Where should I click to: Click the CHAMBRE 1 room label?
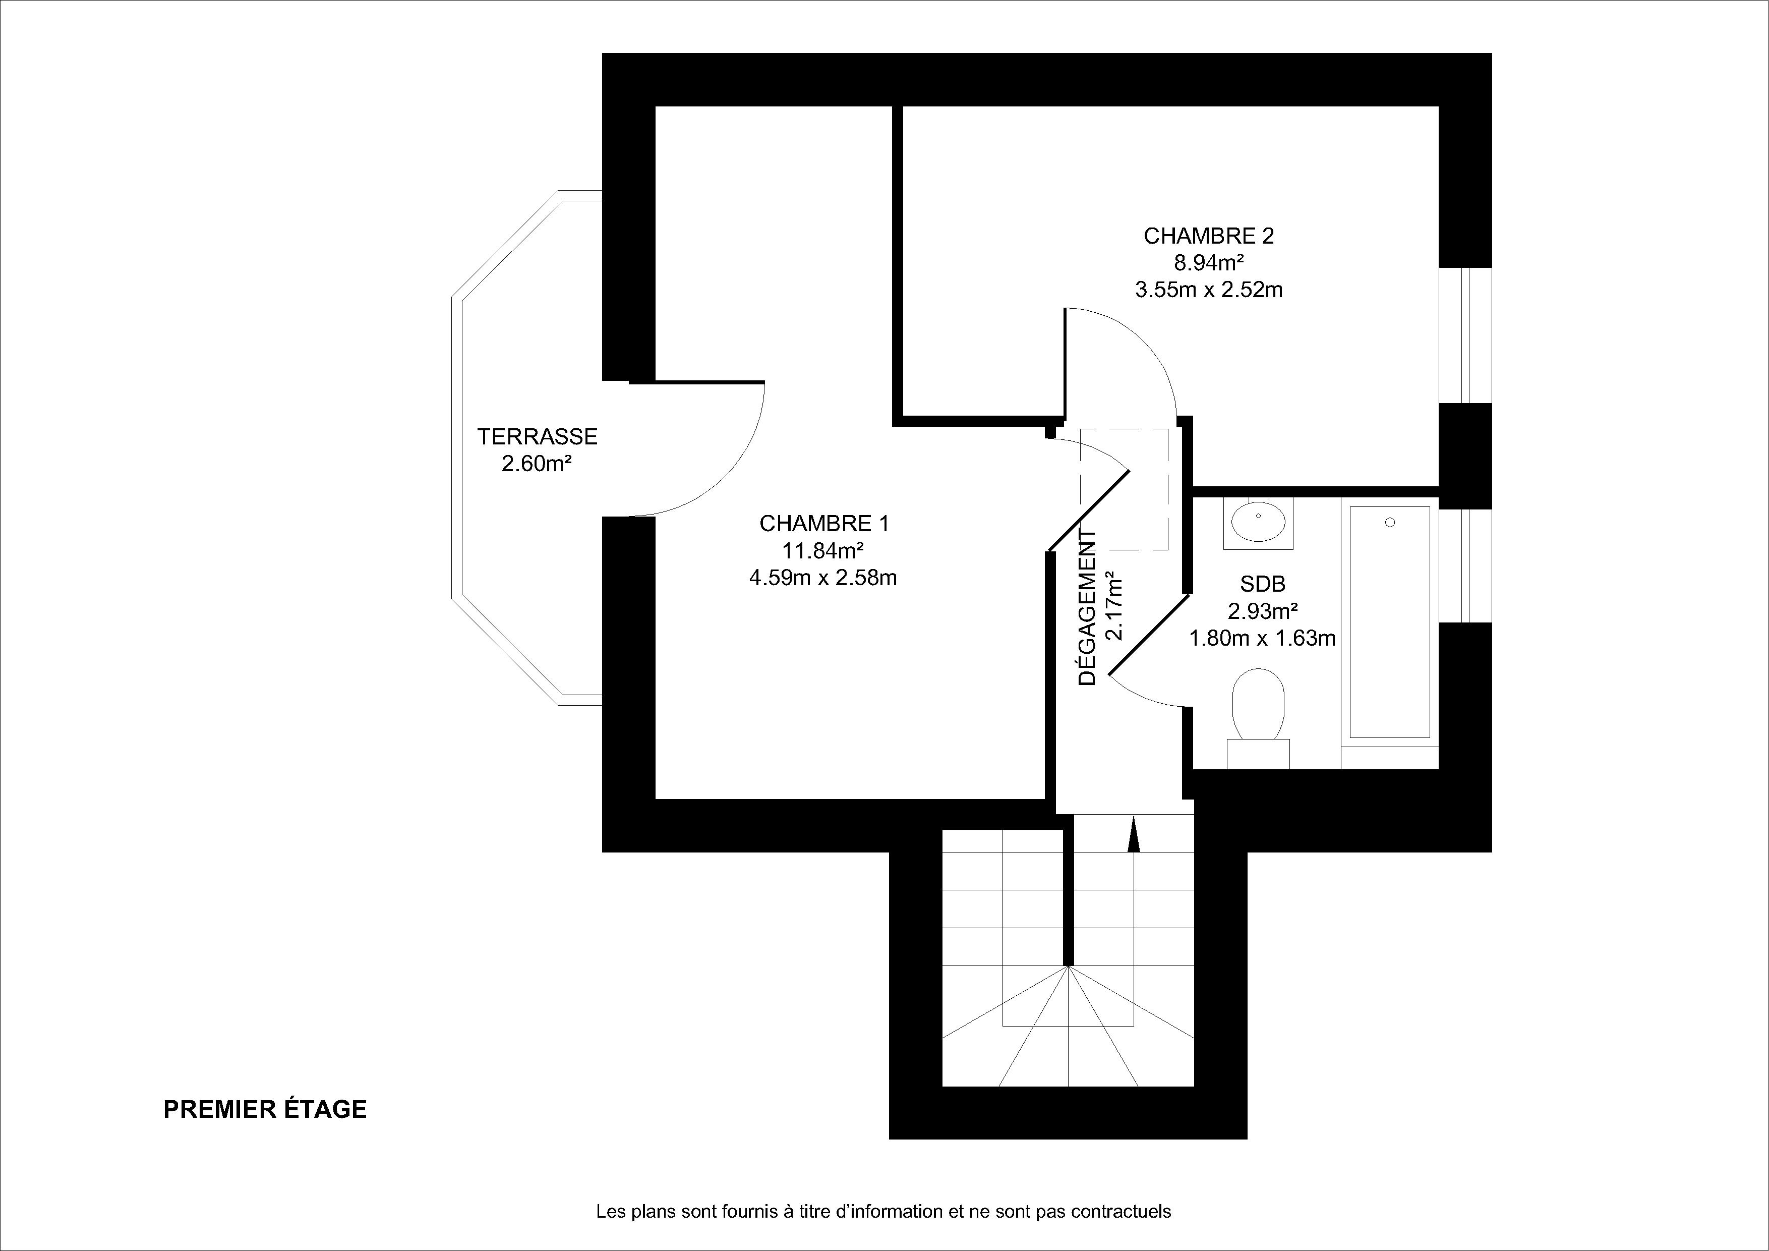(823, 524)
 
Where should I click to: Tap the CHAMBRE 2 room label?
(1208, 236)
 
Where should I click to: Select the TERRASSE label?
(537, 437)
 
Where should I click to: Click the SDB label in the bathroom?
(1262, 584)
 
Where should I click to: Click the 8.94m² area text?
(1208, 263)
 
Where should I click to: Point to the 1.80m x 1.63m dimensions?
(1262, 638)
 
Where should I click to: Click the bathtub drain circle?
(1390, 523)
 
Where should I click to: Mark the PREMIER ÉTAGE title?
(265, 1109)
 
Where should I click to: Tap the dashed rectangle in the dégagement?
(1124, 489)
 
